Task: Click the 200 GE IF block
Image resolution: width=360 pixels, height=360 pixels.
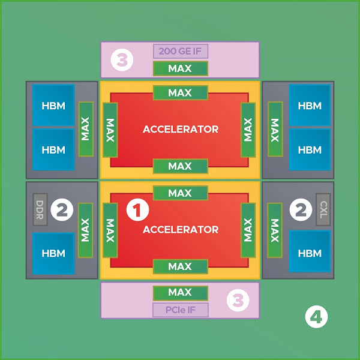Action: [180, 52]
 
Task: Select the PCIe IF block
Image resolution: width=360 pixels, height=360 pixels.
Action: [180, 310]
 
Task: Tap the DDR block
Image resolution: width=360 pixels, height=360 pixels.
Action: [40, 209]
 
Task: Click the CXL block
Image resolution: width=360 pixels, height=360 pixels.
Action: [322, 209]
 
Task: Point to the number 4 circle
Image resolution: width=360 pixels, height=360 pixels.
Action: [316, 316]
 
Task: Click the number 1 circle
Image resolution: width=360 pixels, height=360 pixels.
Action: [139, 209]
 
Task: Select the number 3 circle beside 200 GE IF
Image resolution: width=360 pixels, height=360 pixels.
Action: [123, 60]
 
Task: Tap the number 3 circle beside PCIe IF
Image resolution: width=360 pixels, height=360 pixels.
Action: [238, 300]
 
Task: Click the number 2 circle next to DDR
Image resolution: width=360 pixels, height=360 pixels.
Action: [62, 209]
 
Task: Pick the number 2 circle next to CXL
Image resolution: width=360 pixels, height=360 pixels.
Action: [299, 209]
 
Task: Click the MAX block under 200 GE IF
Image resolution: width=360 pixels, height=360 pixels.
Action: [180, 68]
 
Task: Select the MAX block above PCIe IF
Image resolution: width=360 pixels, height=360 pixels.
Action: [180, 293]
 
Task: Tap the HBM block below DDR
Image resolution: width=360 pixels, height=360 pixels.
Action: [53, 254]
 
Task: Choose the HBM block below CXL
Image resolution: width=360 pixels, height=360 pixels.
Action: [310, 254]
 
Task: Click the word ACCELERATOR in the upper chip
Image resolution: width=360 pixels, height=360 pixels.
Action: [180, 129]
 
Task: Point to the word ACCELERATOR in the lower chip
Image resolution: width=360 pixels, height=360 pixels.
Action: [180, 229]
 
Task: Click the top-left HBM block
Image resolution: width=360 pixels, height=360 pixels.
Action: [53, 106]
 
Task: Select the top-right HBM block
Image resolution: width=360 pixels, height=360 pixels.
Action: [310, 106]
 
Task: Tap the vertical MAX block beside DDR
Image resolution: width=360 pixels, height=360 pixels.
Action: [86, 230]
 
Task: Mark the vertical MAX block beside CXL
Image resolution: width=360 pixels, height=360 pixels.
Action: [275, 230]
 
